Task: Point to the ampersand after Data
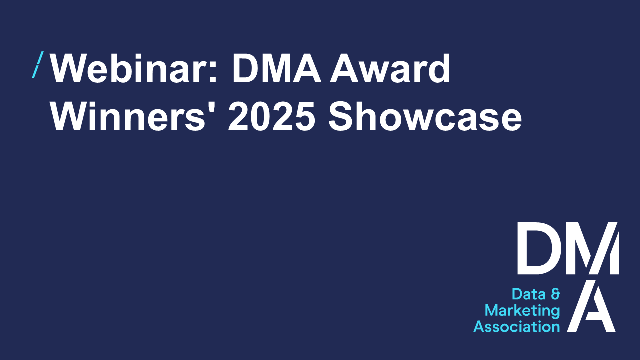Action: (554, 294)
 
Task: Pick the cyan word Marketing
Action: (522, 311)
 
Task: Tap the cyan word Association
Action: (517, 327)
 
